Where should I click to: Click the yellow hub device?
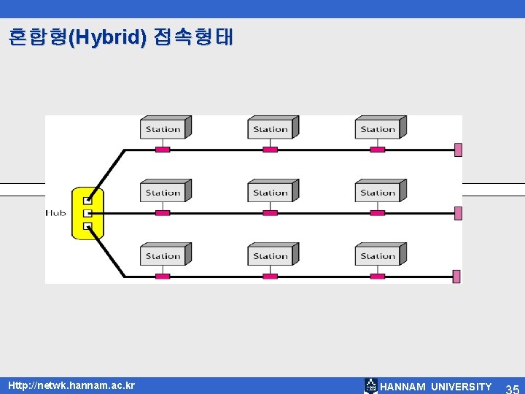[x=87, y=212]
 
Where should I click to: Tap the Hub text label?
[x=56, y=213]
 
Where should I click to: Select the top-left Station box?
[x=163, y=129]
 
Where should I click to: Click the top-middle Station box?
[x=271, y=129]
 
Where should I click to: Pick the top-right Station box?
[x=379, y=129]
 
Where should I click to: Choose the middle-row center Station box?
[x=271, y=193]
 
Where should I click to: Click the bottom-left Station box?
[x=163, y=256]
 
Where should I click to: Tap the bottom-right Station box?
[x=379, y=256]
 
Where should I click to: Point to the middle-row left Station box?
[x=163, y=193]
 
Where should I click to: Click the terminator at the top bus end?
[x=458, y=150]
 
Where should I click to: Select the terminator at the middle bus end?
[x=458, y=213]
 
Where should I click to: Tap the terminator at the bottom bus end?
[x=457, y=277]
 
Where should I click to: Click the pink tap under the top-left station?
[x=163, y=150]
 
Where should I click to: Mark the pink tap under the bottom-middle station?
[x=270, y=277]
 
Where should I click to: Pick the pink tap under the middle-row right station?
[x=377, y=213]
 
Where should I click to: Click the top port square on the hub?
[x=87, y=200]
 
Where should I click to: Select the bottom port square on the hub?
[x=87, y=226]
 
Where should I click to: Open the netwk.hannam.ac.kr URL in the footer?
[x=71, y=385]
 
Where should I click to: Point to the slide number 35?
[x=512, y=387]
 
